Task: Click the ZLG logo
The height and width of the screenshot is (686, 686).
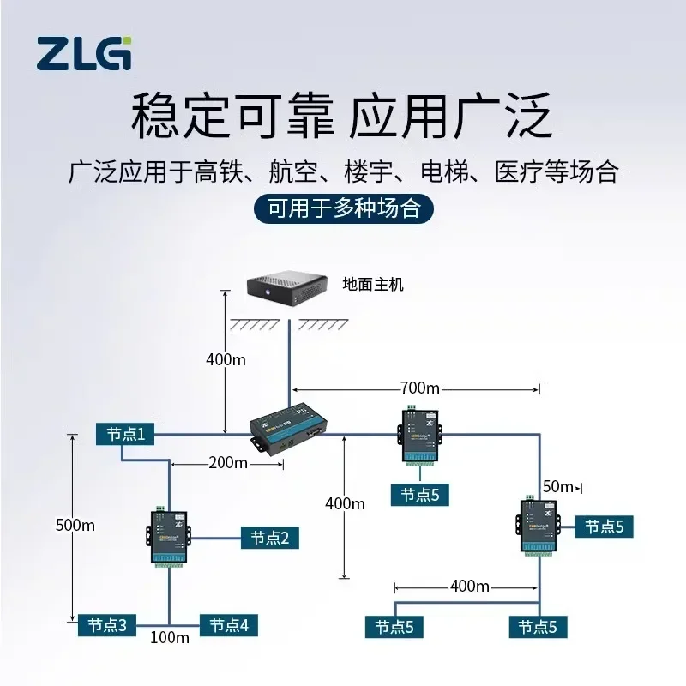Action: (83, 53)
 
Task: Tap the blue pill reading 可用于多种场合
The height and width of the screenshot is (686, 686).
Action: (343, 208)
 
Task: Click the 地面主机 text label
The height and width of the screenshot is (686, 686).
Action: (372, 285)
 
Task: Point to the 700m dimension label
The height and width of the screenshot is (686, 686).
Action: (420, 388)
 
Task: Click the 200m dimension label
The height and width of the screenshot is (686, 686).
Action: (227, 463)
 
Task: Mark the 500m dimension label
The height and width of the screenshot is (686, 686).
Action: (75, 525)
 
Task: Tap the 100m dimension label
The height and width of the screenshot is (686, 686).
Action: (170, 637)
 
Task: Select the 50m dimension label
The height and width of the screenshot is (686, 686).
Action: (557, 487)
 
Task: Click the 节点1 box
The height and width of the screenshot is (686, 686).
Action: (125, 435)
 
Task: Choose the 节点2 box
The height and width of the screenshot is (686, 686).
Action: (269, 538)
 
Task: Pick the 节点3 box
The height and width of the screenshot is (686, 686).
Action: (107, 625)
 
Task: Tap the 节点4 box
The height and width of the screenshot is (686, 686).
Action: (228, 625)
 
